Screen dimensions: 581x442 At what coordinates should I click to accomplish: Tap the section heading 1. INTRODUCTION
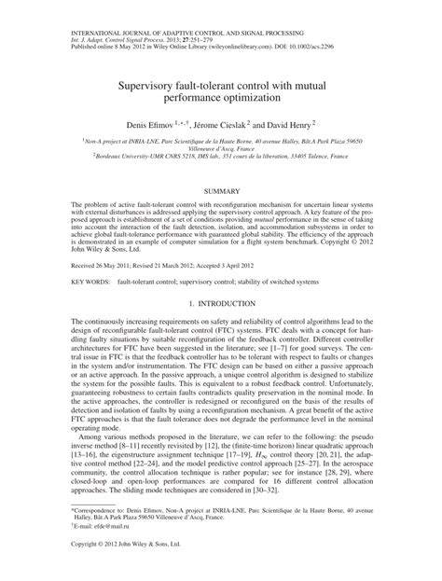point(221,304)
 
